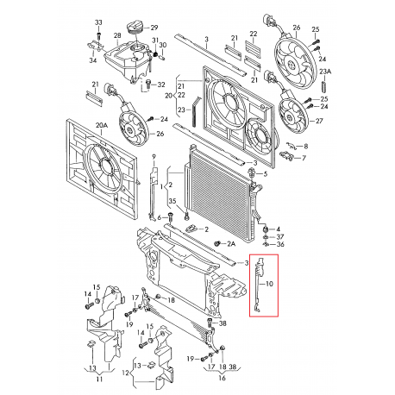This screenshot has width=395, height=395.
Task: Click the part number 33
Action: pyautogui.click(x=97, y=22)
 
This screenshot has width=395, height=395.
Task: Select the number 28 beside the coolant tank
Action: pyautogui.click(x=116, y=33)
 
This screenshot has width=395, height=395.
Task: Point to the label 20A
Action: pyautogui.click(x=101, y=125)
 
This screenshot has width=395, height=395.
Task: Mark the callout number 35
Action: pyautogui.click(x=172, y=201)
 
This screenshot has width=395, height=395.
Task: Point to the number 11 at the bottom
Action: pyautogui.click(x=99, y=377)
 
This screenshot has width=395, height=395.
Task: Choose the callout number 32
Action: pyautogui.click(x=161, y=84)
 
